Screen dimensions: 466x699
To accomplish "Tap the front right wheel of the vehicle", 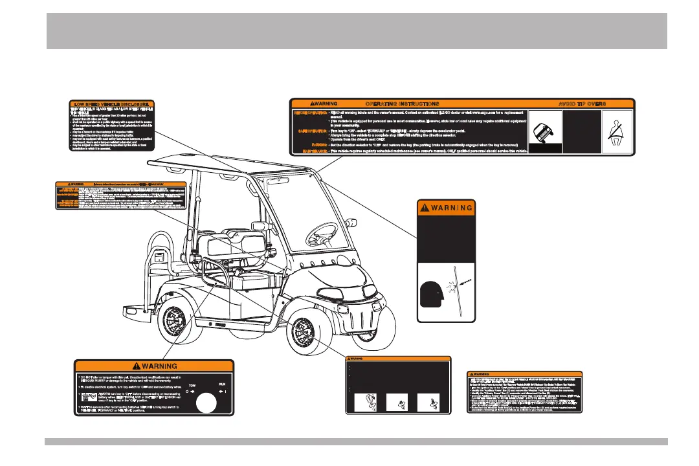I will (308, 324).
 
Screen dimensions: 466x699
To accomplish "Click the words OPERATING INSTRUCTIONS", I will (402, 103).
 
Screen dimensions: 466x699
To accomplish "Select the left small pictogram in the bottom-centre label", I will (366, 403).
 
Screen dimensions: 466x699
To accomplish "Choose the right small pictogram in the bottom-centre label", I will (430, 403).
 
